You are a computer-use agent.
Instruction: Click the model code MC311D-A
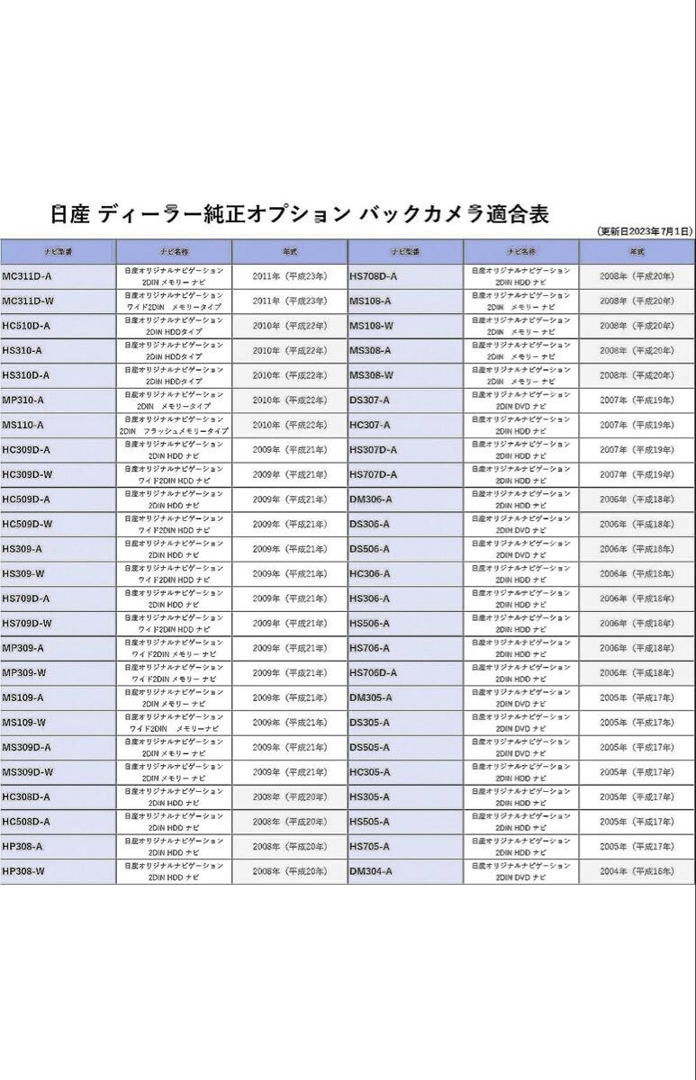tap(27, 276)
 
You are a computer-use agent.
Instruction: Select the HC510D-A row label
tap(26, 326)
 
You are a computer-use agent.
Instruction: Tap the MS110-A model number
tap(23, 425)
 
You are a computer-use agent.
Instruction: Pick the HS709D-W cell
tap(27, 624)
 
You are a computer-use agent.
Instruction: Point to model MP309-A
tap(23, 648)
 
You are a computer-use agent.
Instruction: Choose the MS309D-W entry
tap(28, 772)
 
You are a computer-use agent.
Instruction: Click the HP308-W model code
tap(23, 871)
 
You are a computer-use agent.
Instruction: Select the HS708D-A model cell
tap(373, 276)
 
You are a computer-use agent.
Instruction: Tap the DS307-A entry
tap(369, 400)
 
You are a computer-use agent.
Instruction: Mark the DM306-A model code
tap(370, 499)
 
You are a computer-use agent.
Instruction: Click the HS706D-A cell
tap(373, 673)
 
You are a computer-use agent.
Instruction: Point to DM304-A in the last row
tap(370, 871)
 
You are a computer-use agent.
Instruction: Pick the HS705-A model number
tap(369, 846)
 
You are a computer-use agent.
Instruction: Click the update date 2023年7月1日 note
tap(645, 231)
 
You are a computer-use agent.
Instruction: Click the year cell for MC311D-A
tap(289, 276)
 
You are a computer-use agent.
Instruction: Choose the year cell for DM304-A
tap(637, 871)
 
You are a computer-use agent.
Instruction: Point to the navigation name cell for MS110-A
tap(174, 425)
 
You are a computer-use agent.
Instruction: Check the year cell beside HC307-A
tap(637, 425)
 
